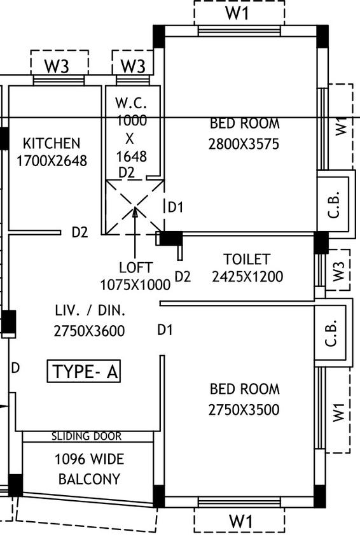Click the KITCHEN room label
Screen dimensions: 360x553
(52, 144)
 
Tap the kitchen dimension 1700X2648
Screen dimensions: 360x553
(52, 161)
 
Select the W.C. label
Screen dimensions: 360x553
(131, 103)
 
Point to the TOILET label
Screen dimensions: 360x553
(247, 259)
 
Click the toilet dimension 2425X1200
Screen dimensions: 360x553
(247, 276)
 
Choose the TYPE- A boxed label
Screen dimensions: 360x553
(84, 372)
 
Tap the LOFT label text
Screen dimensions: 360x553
(135, 268)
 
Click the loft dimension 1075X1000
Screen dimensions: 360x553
(135, 284)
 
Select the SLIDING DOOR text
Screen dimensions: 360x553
(87, 437)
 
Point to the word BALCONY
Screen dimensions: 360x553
(89, 479)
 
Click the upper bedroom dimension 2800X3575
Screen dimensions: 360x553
(244, 144)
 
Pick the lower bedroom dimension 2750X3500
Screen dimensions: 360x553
(244, 410)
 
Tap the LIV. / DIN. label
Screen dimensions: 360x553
(90, 311)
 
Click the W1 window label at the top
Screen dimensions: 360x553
(237, 13)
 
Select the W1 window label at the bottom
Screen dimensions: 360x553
(241, 522)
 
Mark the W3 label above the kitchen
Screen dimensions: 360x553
(57, 66)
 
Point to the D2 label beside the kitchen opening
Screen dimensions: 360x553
(80, 233)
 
